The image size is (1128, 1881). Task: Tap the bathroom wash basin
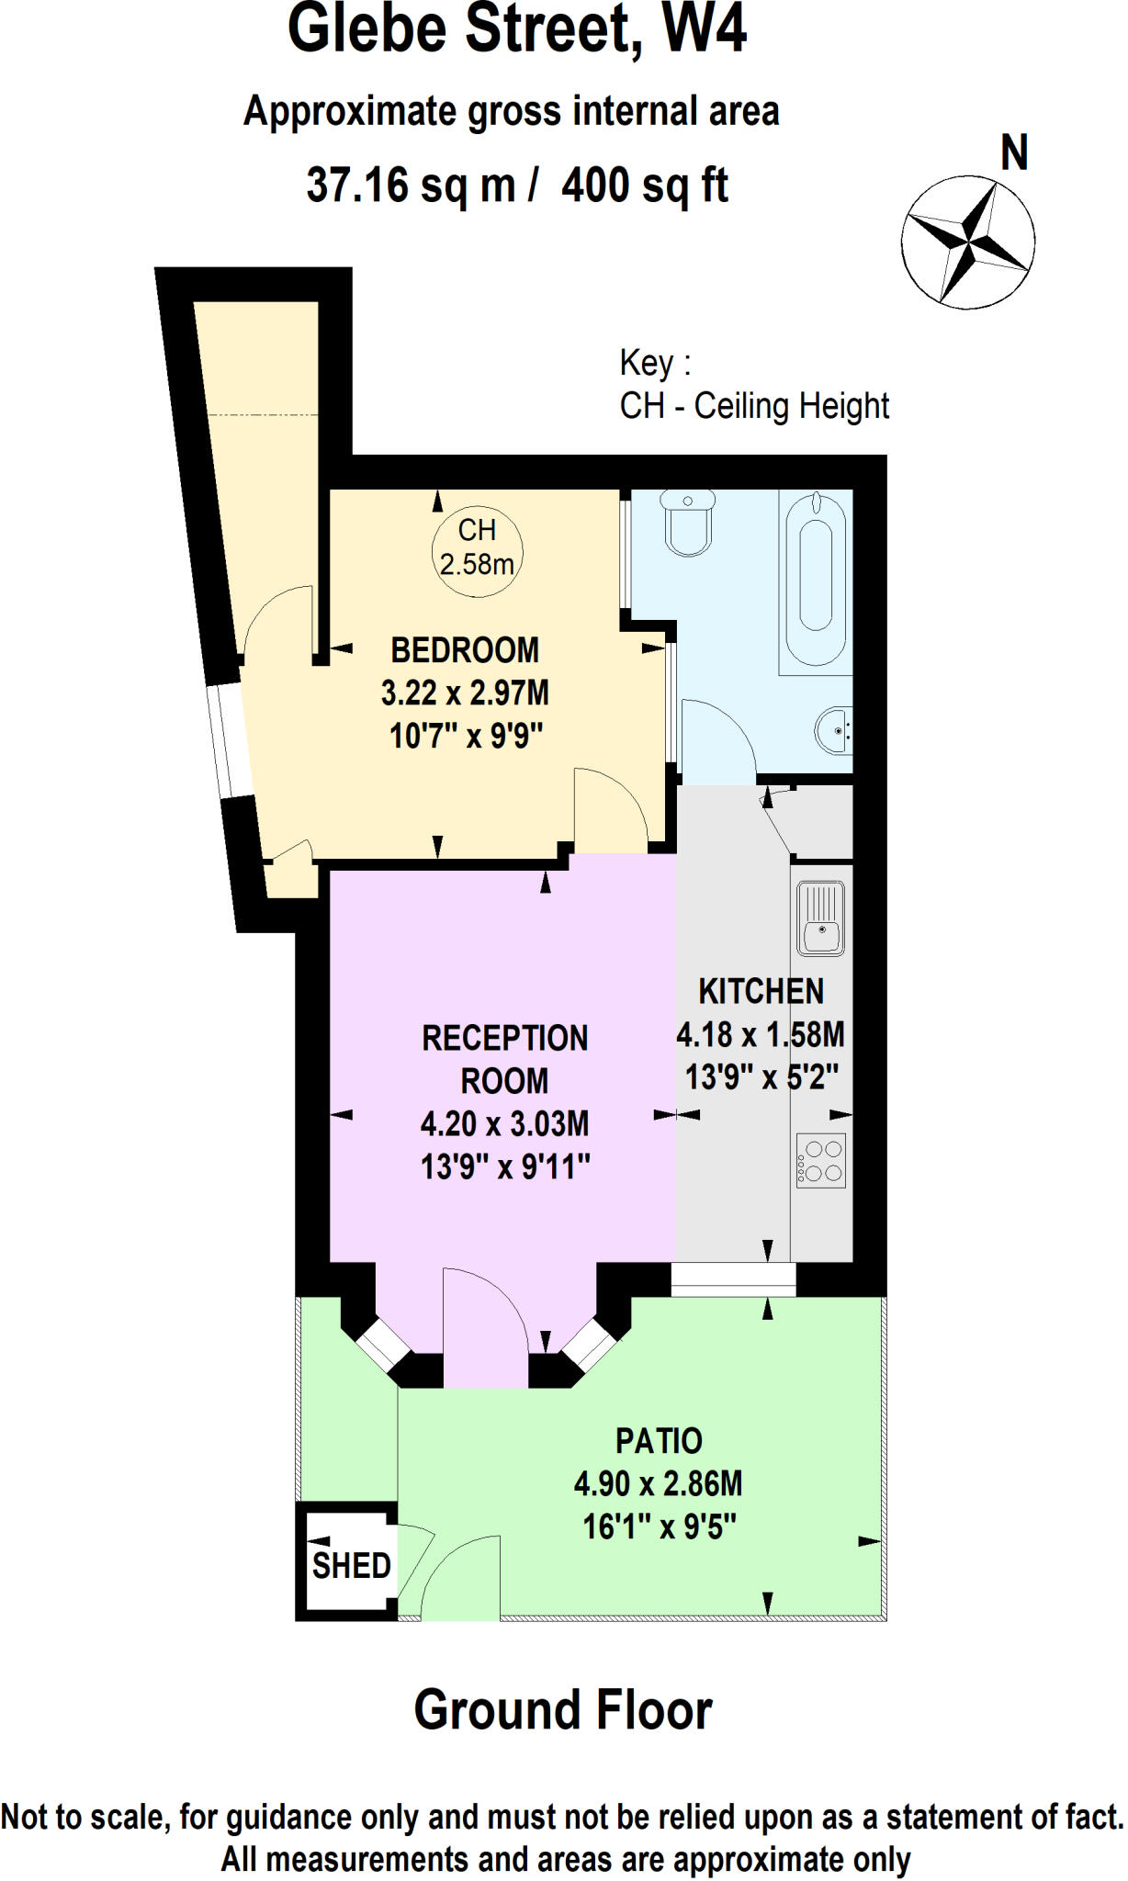[834, 730]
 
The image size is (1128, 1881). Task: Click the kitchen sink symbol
[820, 919]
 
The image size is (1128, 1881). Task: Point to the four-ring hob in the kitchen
[820, 1161]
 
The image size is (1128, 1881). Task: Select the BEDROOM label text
[465, 650]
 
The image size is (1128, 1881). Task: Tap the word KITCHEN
[761, 992]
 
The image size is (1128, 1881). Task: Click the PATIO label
[659, 1441]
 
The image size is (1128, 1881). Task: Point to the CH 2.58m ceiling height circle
[477, 547]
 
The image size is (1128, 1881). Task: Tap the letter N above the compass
[1013, 153]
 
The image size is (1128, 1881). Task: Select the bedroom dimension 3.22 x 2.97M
[465, 693]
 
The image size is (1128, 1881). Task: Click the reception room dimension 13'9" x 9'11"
[504, 1167]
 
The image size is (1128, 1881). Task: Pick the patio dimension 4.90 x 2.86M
[658, 1484]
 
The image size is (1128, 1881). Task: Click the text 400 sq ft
[645, 186]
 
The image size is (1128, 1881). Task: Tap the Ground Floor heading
[563, 1710]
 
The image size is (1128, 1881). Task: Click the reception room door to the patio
[485, 1327]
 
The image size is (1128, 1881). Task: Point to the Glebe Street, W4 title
[516, 29]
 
